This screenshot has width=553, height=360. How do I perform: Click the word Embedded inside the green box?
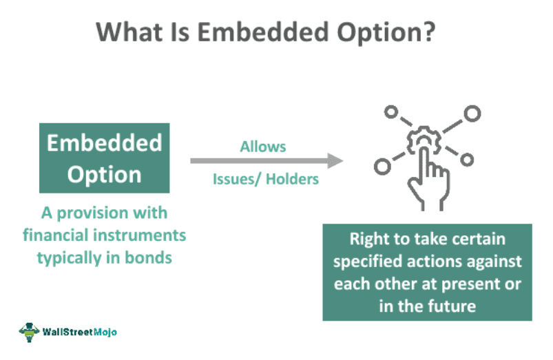click(x=104, y=142)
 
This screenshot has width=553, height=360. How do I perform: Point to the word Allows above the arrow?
click(x=262, y=147)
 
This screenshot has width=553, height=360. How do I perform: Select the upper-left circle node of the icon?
click(x=391, y=112)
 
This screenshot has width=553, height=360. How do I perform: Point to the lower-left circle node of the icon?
click(x=381, y=165)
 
